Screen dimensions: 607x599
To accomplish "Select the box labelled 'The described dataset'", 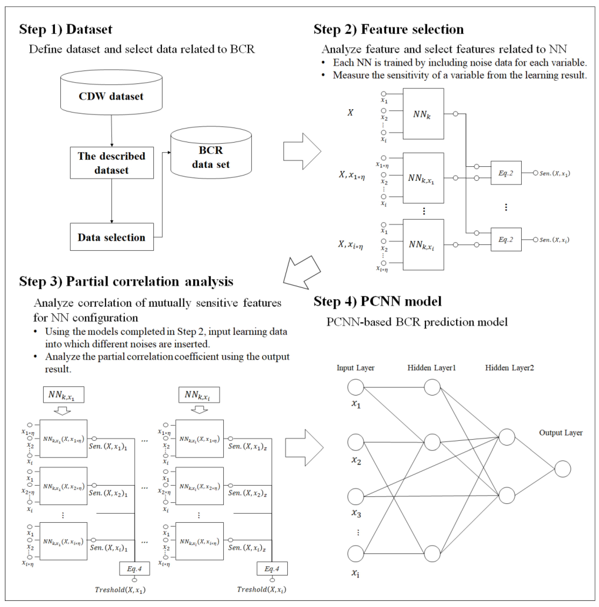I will (x=111, y=163).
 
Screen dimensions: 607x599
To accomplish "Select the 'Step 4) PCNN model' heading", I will (x=377, y=301).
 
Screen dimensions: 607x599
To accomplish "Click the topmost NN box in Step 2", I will (x=423, y=114).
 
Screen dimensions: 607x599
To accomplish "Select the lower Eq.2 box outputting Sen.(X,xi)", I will (x=506, y=239).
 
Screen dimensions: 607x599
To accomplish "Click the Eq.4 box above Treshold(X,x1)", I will (x=134, y=569).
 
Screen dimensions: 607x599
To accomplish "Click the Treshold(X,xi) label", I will (x=261, y=589).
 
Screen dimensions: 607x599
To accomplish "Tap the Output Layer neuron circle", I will (x=562, y=469).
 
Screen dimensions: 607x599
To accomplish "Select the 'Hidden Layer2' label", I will (x=509, y=368).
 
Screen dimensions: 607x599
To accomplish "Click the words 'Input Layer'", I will (x=355, y=368).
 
